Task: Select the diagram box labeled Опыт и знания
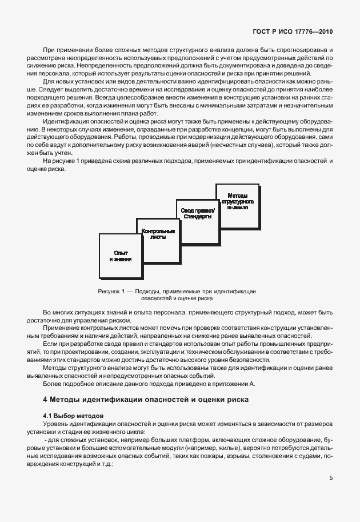coord(120,256)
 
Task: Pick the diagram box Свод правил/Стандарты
coord(197,214)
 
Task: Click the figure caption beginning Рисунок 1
coord(177,294)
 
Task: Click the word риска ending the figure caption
coord(205,298)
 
